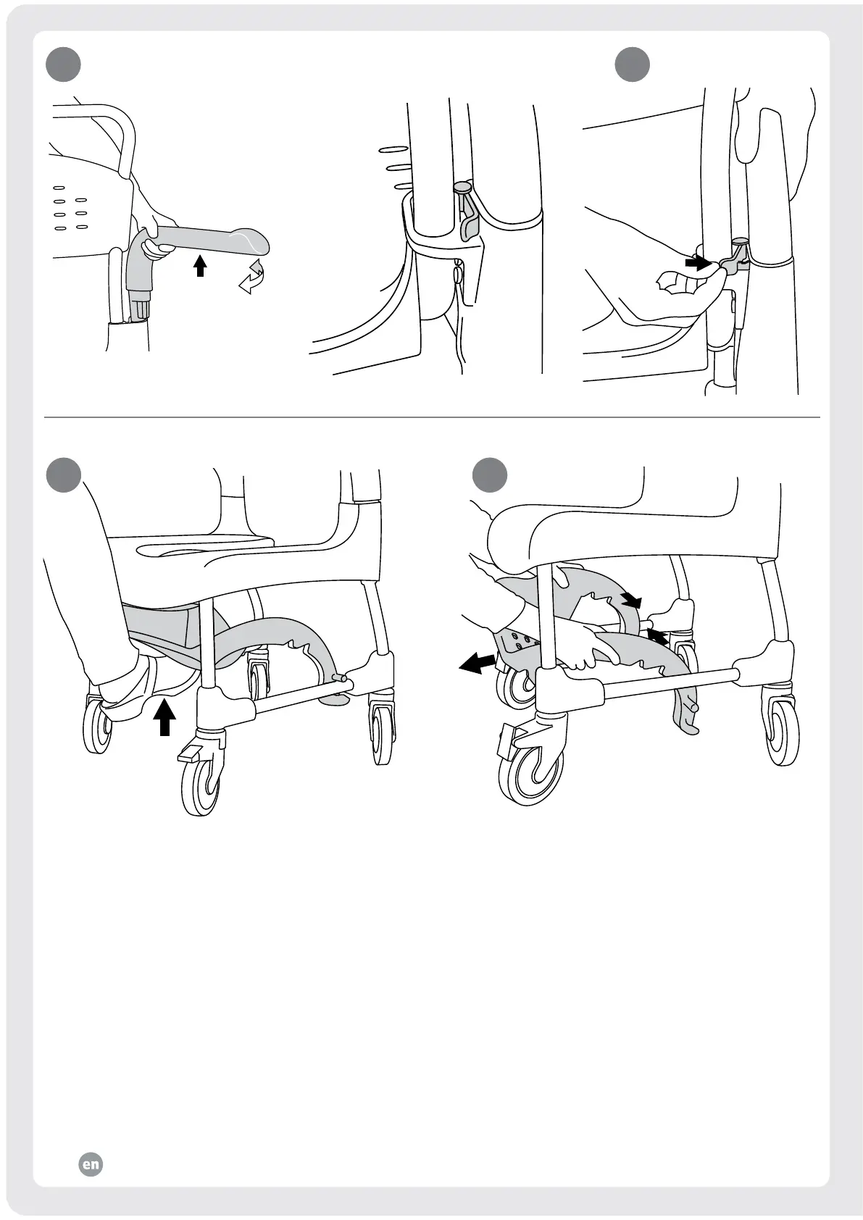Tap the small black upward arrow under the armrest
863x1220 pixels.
click(x=200, y=266)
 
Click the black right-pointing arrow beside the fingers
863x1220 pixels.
click(x=697, y=263)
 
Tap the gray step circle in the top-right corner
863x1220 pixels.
click(x=632, y=64)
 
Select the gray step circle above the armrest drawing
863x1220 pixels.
click(x=63, y=64)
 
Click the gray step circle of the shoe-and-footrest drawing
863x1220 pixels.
click(x=64, y=475)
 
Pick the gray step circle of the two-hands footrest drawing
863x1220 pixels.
click(x=489, y=475)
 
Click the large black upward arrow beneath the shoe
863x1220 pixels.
click(x=164, y=718)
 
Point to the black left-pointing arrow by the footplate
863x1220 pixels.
click(x=478, y=664)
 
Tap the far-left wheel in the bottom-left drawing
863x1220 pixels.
click(x=98, y=726)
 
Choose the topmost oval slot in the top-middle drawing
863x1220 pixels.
click(x=393, y=149)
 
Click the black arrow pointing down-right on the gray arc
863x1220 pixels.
click(x=632, y=600)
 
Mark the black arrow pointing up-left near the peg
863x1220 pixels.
click(x=658, y=637)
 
